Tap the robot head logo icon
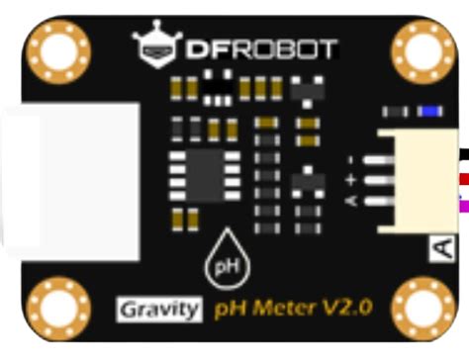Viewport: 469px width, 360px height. click(x=151, y=45)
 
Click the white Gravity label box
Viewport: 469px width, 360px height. click(x=159, y=311)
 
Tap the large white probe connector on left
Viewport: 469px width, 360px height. click(x=69, y=178)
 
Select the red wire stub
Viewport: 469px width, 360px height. click(x=463, y=179)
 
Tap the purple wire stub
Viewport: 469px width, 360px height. click(x=463, y=205)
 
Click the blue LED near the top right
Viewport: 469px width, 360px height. click(x=429, y=111)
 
